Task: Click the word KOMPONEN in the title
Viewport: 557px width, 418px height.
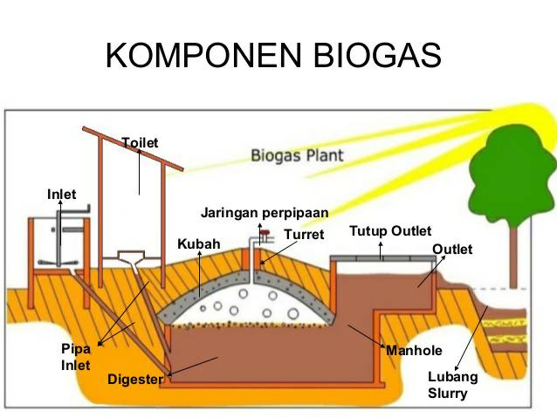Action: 203,55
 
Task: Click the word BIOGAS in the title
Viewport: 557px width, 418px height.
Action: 378,55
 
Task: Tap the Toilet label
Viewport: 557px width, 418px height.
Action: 140,143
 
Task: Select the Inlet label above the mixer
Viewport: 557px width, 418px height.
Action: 61,195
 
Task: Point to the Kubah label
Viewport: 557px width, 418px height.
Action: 199,244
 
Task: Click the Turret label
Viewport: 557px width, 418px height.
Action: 304,235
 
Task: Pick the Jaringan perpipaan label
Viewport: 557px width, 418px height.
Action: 265,213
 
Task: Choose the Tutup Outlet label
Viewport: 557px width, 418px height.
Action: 390,231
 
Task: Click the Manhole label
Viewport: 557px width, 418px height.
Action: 414,351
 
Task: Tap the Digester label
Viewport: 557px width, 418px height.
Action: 135,380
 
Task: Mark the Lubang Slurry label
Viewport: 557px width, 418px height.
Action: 452,385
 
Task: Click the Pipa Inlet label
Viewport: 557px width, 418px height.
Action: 76,357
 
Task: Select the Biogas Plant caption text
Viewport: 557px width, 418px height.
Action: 298,155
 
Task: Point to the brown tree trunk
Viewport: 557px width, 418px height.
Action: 513,257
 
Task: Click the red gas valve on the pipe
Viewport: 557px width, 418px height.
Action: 265,233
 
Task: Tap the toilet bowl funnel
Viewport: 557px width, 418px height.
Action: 131,257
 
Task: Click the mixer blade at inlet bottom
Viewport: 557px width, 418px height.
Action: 58,263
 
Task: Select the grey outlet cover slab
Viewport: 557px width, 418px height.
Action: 383,258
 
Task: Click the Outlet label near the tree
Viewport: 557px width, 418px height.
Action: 452,250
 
